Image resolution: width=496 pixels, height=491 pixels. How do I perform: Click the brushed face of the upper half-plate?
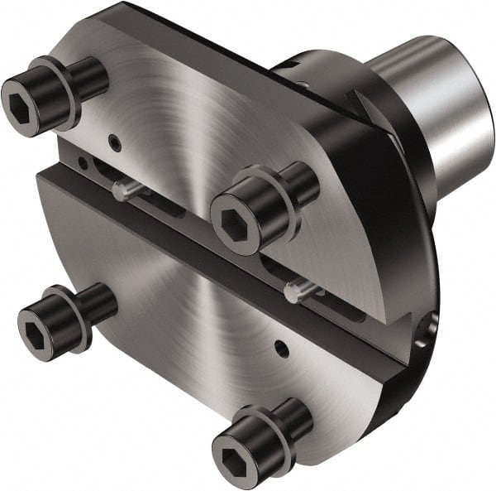pyautogui.click(x=207, y=124)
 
